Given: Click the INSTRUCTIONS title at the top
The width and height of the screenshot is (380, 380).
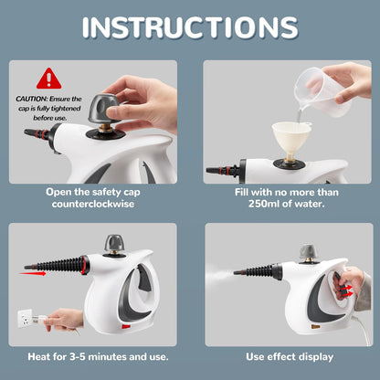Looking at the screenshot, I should tap(189, 26).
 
